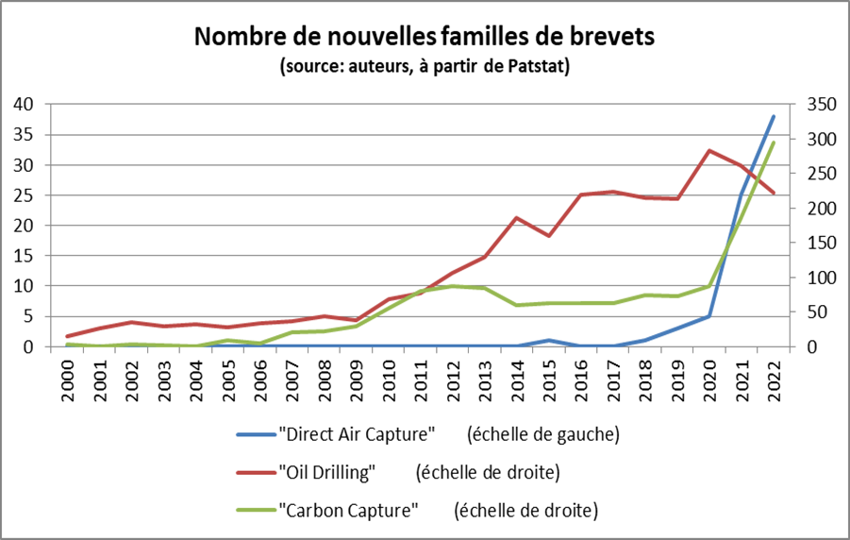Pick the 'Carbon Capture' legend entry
(x=348, y=510)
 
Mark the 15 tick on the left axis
(x=23, y=256)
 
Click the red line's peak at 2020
(x=709, y=150)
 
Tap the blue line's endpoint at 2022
(x=774, y=116)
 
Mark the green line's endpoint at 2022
(x=774, y=143)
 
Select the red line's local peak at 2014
(x=517, y=218)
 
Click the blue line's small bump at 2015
(x=549, y=340)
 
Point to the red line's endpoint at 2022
(x=774, y=193)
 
